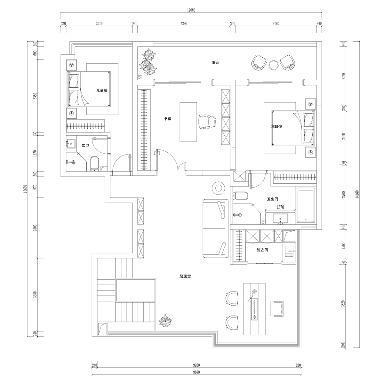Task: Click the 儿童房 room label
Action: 102,91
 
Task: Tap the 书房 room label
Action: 168,119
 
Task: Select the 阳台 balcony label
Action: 215,63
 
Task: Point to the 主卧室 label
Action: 277,126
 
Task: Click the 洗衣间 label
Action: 262,250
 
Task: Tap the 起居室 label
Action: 185,276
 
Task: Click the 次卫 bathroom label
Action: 85,146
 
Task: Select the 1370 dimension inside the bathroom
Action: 280,207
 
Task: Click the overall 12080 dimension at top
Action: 191,10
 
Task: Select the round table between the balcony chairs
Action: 274,65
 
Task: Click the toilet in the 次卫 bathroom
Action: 95,164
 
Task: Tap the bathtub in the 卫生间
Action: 306,206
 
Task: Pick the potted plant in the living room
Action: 165,320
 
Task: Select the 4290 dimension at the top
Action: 184,23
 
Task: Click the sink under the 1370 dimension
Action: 280,218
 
